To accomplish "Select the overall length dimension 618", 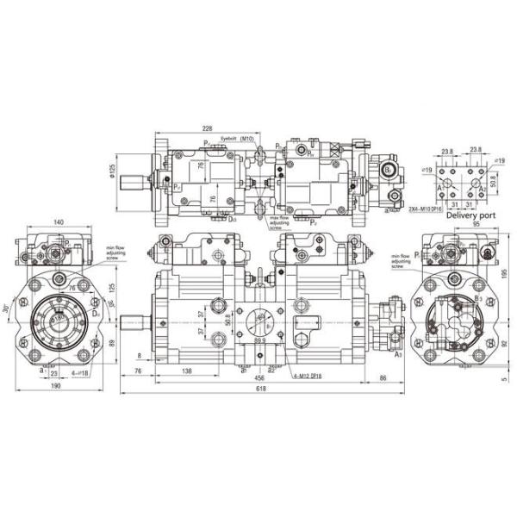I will (x=261, y=389).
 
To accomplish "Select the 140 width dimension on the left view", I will (x=58, y=222).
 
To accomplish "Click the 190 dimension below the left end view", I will (x=55, y=388).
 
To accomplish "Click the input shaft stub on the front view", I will (x=134, y=322).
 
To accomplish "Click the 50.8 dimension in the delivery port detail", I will (x=494, y=183).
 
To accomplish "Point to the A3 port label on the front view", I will (x=397, y=353).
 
